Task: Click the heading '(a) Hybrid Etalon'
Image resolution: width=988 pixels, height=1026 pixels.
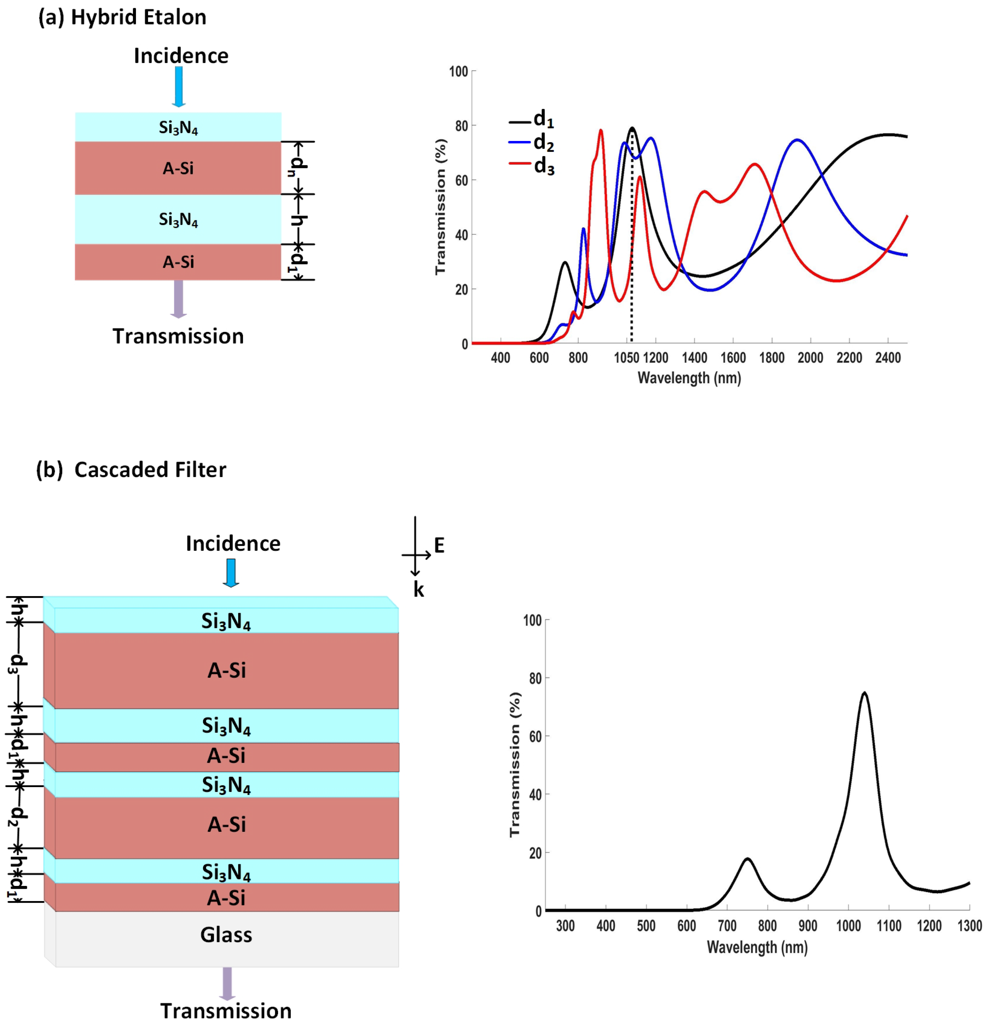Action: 122,17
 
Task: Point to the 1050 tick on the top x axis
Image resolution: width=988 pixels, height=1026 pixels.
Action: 626,358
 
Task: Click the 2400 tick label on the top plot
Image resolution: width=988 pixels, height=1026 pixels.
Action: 888,358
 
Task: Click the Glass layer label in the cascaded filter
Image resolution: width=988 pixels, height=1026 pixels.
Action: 226,934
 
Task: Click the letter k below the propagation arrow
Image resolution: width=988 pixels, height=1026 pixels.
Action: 418,590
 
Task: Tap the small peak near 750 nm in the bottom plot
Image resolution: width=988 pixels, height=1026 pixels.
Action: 747,859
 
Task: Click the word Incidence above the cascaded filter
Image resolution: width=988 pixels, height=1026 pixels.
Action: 233,543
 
